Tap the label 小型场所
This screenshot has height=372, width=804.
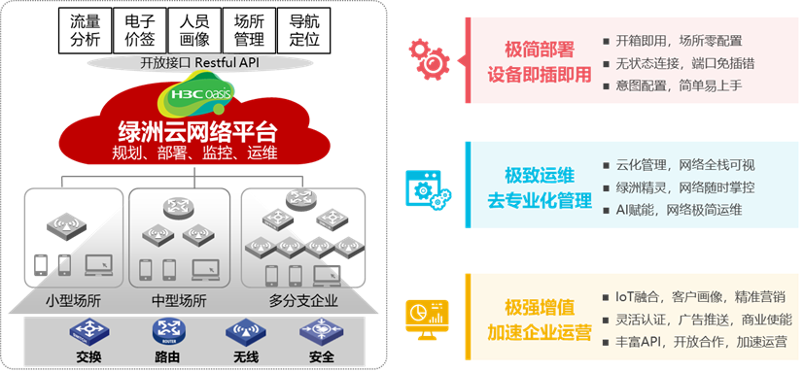[x=74, y=301]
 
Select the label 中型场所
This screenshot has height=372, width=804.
[x=180, y=301]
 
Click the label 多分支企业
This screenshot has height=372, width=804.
[x=303, y=301]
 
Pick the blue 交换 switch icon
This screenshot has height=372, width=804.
[x=84, y=333]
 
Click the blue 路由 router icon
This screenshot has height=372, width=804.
[x=167, y=333]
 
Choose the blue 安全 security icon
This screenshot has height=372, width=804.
[x=319, y=333]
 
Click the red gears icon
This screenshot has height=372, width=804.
[x=426, y=58]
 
